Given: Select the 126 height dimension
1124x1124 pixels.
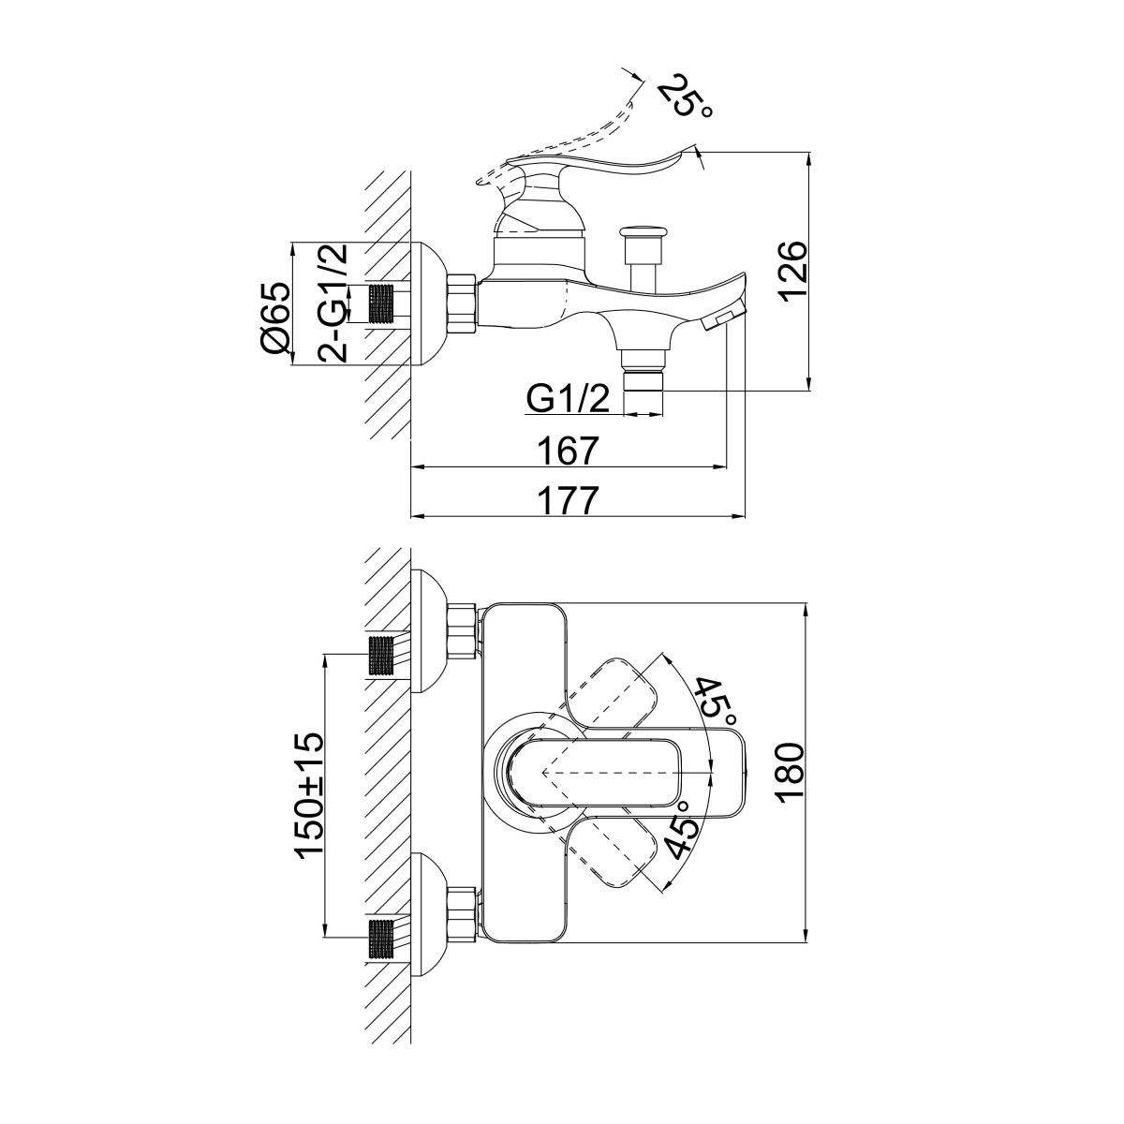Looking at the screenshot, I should [792, 270].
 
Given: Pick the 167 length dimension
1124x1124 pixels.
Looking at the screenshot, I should [569, 451].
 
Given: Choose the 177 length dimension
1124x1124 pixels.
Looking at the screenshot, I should [569, 501].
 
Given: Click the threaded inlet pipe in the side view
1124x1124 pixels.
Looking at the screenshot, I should [381, 303].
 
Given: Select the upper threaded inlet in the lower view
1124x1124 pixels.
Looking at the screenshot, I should [381, 655].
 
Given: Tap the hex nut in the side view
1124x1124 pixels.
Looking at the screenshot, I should [464, 303].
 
